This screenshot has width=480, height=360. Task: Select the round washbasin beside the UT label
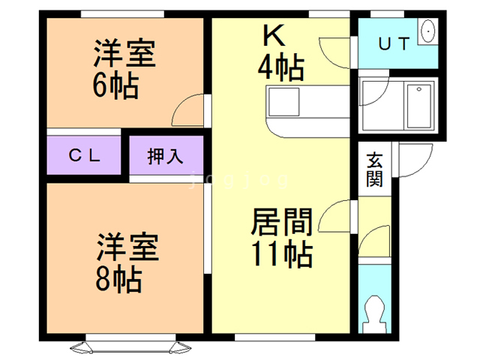(x=427, y=32)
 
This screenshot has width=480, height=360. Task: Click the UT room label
(x=393, y=43)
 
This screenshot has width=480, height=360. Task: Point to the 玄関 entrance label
(x=374, y=169)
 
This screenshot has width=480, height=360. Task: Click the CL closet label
(x=85, y=156)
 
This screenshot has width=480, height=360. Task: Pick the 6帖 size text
(x=115, y=87)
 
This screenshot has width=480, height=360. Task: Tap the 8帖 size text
(x=118, y=280)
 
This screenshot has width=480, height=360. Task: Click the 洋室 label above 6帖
(x=124, y=55)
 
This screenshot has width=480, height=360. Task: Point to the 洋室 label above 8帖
(x=127, y=247)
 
